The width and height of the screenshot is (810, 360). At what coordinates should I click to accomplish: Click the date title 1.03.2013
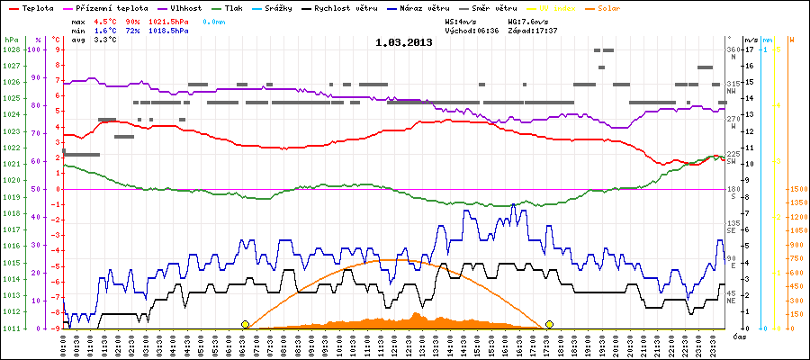403,42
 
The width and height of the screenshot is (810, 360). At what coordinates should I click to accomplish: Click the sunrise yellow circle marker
245,324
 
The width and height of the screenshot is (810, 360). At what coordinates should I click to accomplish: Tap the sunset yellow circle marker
549,324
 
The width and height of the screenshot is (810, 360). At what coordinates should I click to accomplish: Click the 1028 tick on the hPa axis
12,49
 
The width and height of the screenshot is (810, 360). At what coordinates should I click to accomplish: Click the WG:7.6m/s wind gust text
527,19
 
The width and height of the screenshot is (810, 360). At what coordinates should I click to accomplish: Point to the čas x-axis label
738,336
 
